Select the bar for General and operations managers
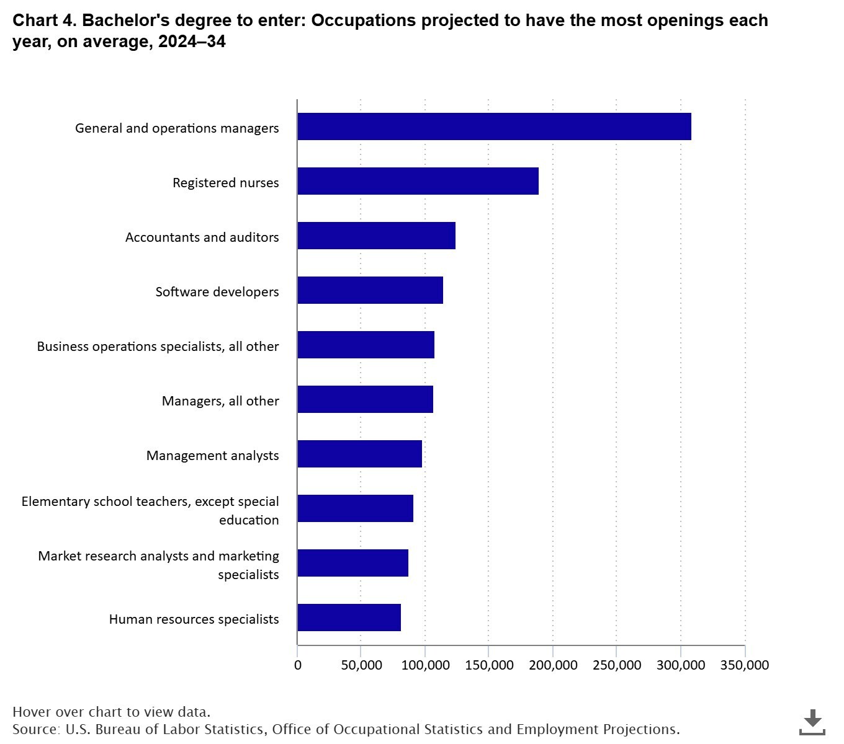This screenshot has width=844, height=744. pyautogui.click(x=494, y=126)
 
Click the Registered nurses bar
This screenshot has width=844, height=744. pyautogui.click(x=418, y=181)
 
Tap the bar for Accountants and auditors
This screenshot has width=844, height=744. pyautogui.click(x=376, y=236)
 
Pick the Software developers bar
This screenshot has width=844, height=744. pyautogui.click(x=370, y=290)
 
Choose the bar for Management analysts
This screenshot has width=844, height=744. pyautogui.click(x=359, y=454)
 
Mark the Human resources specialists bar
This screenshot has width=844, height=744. pyautogui.click(x=349, y=618)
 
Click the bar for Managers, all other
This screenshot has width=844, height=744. pyautogui.click(x=365, y=399)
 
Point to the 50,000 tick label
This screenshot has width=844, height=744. pyautogui.click(x=361, y=665)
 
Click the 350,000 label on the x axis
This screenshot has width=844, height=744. pyautogui.click(x=744, y=665)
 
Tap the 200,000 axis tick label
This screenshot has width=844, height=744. pyautogui.click(x=552, y=665)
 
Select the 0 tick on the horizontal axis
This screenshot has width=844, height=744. pyautogui.click(x=298, y=665)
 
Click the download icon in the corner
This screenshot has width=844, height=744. pyautogui.click(x=812, y=722)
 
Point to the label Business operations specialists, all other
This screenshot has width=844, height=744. pyautogui.click(x=158, y=346)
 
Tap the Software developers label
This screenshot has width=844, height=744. pyautogui.click(x=217, y=291)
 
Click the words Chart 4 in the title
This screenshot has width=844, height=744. pyautogui.click(x=43, y=20)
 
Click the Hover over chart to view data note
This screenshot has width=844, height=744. pyautogui.click(x=111, y=712)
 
